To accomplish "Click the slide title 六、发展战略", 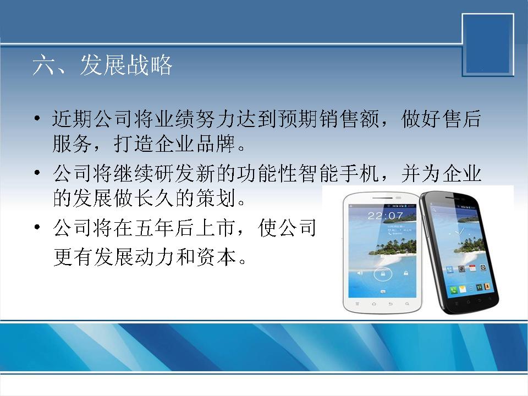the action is point(103,65).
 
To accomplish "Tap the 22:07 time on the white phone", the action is point(385,216).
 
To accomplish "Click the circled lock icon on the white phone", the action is point(383,274).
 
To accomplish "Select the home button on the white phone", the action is point(373,304).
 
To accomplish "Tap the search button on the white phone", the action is point(407,304).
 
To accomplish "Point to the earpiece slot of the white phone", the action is point(383,197).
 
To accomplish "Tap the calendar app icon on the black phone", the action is point(472,268).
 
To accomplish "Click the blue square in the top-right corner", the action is point(488,45).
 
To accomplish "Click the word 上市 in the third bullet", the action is point(216,228).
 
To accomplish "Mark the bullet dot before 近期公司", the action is point(37,119).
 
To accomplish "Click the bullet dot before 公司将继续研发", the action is point(37,173).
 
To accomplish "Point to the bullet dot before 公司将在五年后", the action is point(37,227).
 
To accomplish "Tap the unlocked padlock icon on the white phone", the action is point(406,273).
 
